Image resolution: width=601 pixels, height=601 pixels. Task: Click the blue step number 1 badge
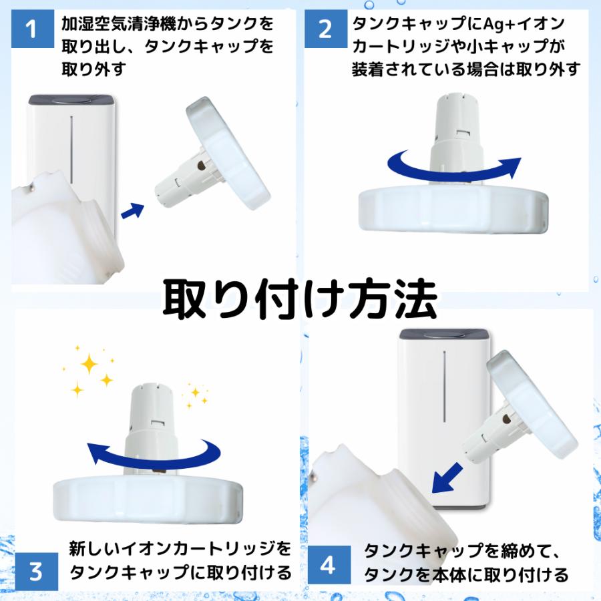[33, 30]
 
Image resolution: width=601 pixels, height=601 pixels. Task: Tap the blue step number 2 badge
[325, 30]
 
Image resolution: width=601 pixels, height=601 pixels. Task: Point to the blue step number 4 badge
[327, 566]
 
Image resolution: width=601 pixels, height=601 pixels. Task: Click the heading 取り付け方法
[300, 298]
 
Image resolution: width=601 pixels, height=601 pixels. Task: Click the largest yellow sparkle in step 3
[89, 365]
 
